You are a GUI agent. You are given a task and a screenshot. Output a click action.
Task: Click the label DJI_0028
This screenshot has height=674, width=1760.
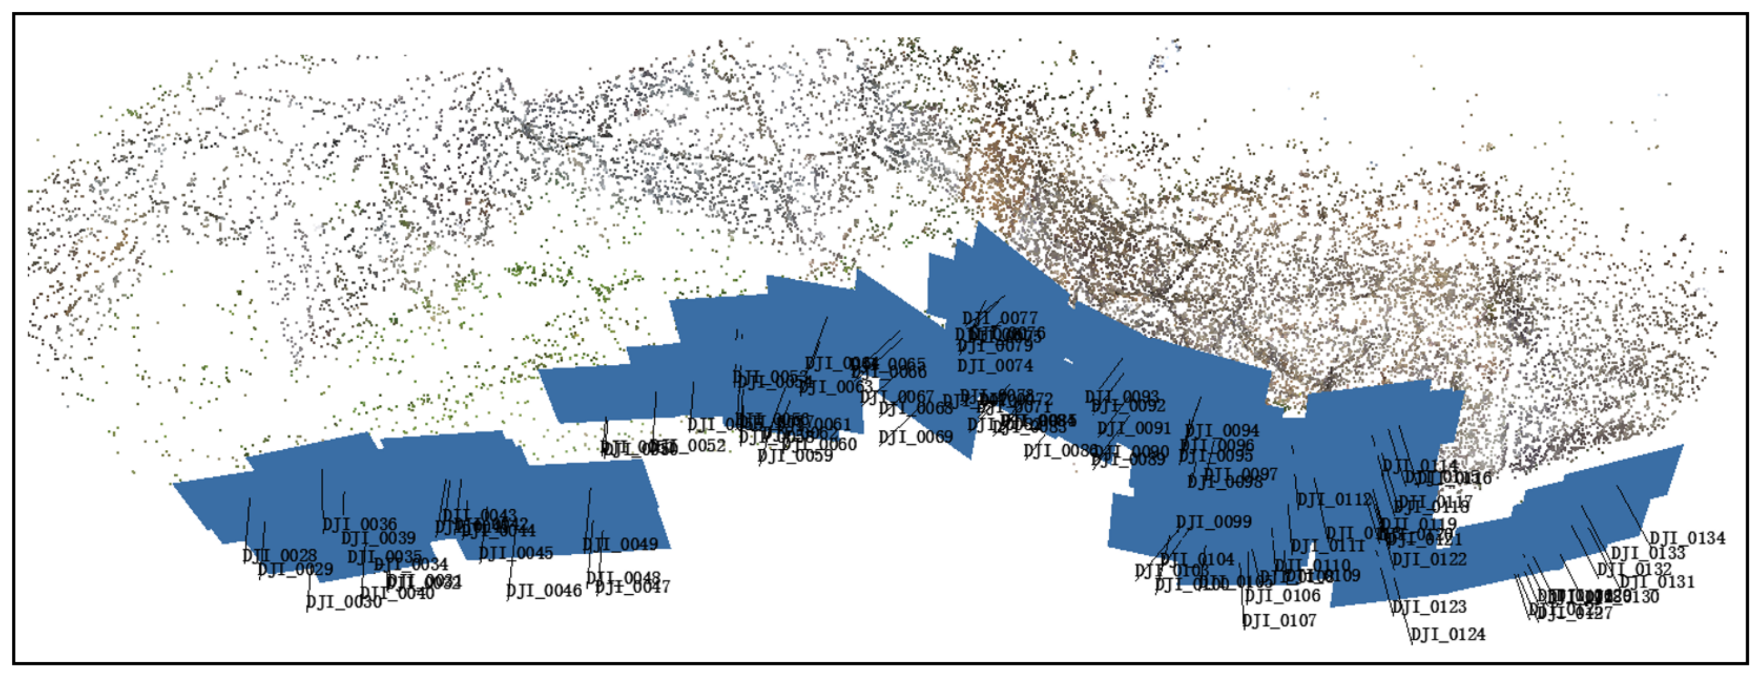pos(280,555)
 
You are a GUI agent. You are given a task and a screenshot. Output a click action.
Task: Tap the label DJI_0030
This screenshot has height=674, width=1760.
pos(344,602)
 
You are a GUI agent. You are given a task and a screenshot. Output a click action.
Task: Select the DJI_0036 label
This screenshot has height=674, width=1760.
pos(360,524)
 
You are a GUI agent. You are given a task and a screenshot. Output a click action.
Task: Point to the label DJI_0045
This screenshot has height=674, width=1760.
pos(516,553)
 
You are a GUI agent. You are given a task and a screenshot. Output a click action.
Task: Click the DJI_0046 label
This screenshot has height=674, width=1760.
pos(544,591)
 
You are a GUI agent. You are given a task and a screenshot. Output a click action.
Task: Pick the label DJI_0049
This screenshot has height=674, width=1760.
pos(620,544)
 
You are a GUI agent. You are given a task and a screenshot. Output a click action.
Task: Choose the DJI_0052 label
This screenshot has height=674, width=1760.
pos(690,445)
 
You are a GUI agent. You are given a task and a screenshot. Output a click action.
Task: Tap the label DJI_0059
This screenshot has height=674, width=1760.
pos(796,455)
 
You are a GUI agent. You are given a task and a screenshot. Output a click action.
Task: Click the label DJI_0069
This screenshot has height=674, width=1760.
pos(916,436)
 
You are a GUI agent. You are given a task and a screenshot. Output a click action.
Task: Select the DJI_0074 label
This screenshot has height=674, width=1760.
pos(995,365)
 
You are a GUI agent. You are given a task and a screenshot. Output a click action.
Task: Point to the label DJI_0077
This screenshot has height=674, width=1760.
pos(1000,318)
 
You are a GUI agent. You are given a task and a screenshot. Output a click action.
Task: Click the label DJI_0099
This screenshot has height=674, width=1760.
pos(1214,521)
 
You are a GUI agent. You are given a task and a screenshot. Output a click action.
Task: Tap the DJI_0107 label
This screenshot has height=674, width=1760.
pos(1279,621)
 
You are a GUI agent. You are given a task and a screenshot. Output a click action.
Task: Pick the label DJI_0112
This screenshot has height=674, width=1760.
pos(1334,500)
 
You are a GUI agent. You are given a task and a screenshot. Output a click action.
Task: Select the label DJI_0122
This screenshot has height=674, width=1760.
pos(1429,559)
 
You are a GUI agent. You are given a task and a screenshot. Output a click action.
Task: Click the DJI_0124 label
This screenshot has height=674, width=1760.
pos(1448,634)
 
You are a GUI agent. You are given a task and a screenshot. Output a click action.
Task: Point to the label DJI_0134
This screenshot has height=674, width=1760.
pos(1688,538)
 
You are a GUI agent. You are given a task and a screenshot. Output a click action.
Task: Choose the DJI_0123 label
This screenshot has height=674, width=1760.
pos(1429,607)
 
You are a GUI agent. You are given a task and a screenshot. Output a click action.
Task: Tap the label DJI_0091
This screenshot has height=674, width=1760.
pos(1134,428)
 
